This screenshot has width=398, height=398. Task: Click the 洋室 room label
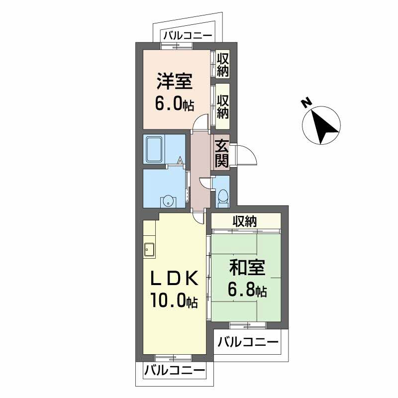click(x=175, y=81)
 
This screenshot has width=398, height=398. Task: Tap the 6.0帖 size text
click(x=175, y=104)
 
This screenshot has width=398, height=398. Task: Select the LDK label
click(x=175, y=279)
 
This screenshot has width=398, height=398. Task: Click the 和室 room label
click(x=247, y=268)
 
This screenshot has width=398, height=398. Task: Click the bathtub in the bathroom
click(x=154, y=150)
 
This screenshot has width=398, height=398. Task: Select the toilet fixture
click(x=223, y=197)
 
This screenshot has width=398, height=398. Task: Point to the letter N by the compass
click(x=306, y=102)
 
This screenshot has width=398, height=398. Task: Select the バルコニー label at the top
click(x=187, y=36)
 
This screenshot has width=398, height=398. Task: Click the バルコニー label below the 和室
click(x=248, y=342)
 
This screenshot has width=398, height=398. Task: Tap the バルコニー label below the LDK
click(x=175, y=371)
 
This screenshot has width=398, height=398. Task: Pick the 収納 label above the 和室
click(x=245, y=222)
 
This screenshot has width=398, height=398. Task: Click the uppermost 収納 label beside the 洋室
click(x=223, y=64)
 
